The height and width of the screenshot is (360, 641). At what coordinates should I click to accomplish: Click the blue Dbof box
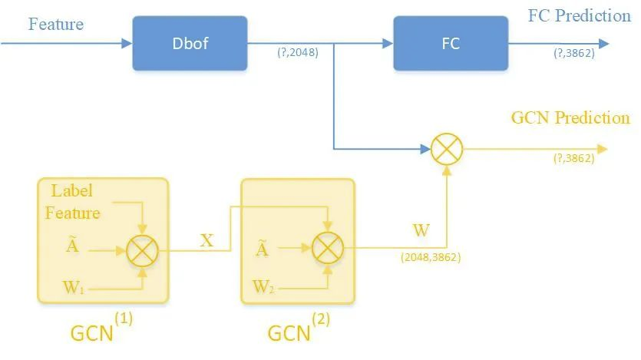(x=190, y=43)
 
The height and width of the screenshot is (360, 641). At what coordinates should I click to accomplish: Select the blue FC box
(x=451, y=43)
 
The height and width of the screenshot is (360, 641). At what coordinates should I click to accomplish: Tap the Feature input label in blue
(x=56, y=24)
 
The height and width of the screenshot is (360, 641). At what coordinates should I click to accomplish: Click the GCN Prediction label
(x=570, y=118)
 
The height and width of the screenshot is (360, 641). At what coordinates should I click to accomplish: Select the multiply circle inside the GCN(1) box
(x=142, y=249)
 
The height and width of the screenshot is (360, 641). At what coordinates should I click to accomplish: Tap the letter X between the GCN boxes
(x=207, y=239)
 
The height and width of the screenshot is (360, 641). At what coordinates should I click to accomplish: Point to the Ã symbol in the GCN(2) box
(x=262, y=249)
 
